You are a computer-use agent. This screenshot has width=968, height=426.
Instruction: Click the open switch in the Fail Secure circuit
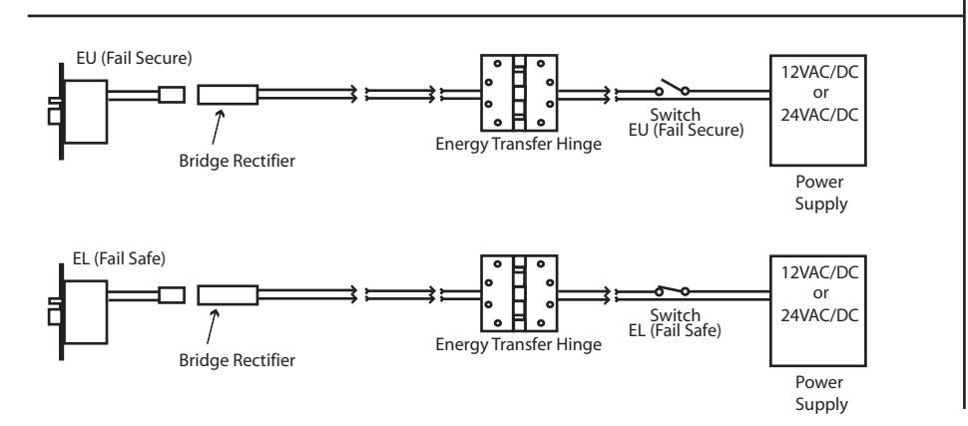coord(673,88)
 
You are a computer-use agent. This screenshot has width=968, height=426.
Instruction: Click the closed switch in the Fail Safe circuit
coord(673,290)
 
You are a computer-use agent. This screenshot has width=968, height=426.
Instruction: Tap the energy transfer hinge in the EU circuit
coord(519,93)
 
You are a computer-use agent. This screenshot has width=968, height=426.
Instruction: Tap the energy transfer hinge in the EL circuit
coord(519,292)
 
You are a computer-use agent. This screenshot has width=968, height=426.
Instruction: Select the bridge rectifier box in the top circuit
coord(228,95)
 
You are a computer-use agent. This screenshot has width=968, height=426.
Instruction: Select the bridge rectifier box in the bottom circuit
coord(228,295)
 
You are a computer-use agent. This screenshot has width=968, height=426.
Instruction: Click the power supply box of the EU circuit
coord(818,111)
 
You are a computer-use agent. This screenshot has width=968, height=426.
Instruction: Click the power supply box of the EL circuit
coord(818,310)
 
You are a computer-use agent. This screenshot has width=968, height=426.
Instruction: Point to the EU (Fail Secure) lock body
coord(85,112)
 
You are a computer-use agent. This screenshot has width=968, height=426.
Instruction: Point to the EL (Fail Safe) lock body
coord(85,312)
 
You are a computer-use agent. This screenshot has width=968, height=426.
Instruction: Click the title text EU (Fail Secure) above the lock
coord(134,59)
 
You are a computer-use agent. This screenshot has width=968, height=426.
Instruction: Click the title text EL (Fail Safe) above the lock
coord(119,258)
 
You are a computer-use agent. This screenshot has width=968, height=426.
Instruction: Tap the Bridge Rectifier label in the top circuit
coord(238,161)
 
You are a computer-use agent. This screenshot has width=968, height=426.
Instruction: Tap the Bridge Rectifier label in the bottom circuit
coord(238,360)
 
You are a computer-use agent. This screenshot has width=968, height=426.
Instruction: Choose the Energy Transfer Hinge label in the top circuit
coord(519,145)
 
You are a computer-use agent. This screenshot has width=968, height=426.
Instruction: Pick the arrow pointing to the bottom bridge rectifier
coord(213,326)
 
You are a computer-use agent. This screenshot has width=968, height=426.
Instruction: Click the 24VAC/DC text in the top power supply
coord(819,115)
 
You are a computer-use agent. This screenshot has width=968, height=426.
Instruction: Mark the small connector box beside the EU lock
coord(172,95)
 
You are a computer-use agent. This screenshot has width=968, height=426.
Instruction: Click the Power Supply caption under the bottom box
coord(820,393)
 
